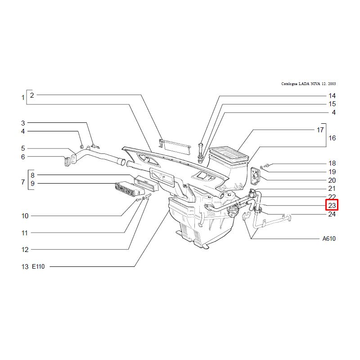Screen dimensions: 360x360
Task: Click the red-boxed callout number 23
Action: point(332,205)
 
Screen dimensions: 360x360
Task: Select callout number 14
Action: point(332,96)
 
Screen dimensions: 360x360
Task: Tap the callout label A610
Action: point(329,239)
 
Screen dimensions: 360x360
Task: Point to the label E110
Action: point(38,266)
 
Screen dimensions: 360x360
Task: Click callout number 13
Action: point(25,267)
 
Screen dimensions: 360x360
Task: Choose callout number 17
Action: point(320,130)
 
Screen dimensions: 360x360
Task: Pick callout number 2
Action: point(32,95)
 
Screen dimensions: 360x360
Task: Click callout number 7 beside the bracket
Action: point(23,182)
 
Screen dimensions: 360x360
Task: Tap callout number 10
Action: point(25,216)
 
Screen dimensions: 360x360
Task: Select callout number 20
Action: point(332,180)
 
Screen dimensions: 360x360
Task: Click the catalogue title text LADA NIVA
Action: point(309,84)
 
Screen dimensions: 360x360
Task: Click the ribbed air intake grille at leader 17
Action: point(229,154)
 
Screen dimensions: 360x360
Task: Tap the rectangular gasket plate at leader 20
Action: point(255,176)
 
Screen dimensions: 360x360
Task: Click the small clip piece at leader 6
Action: point(67,162)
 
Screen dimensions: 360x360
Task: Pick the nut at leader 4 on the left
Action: point(82,147)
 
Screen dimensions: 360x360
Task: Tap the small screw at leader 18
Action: point(267,165)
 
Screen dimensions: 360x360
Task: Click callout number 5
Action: point(23,148)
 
